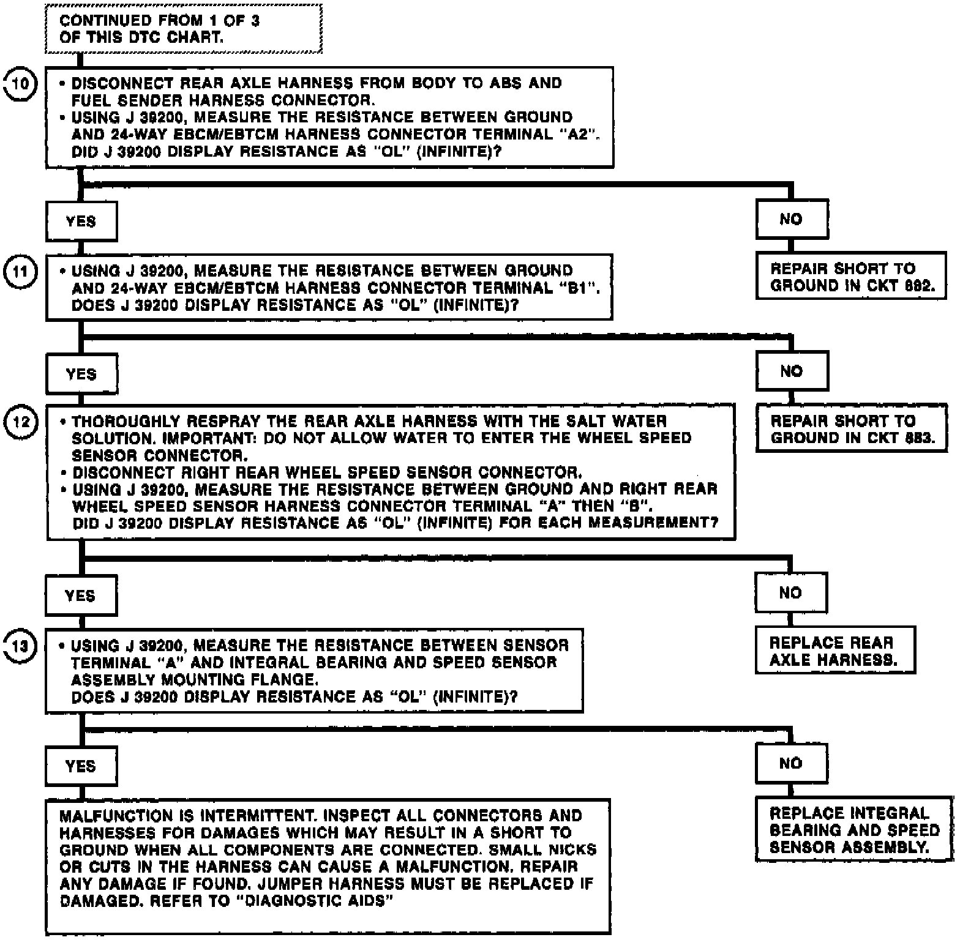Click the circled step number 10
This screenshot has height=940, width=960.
point(20,83)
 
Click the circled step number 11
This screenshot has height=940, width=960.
point(20,270)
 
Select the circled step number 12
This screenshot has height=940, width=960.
point(20,422)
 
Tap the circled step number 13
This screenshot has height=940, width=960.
point(20,646)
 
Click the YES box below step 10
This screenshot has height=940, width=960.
point(81,221)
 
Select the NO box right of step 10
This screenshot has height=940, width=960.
point(791,219)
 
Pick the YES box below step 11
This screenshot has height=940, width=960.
point(81,374)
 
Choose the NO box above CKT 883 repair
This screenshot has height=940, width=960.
point(791,371)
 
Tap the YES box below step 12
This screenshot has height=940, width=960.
point(80,595)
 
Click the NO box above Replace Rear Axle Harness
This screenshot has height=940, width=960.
point(790,592)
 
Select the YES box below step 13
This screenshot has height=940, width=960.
point(80,766)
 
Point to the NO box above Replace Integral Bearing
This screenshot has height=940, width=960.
point(790,763)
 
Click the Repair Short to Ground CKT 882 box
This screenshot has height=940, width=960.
point(850,277)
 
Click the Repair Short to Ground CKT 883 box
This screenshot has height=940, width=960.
point(850,429)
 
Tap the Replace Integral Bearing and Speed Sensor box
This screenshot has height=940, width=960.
point(854,830)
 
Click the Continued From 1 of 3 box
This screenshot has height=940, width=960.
point(184,29)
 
